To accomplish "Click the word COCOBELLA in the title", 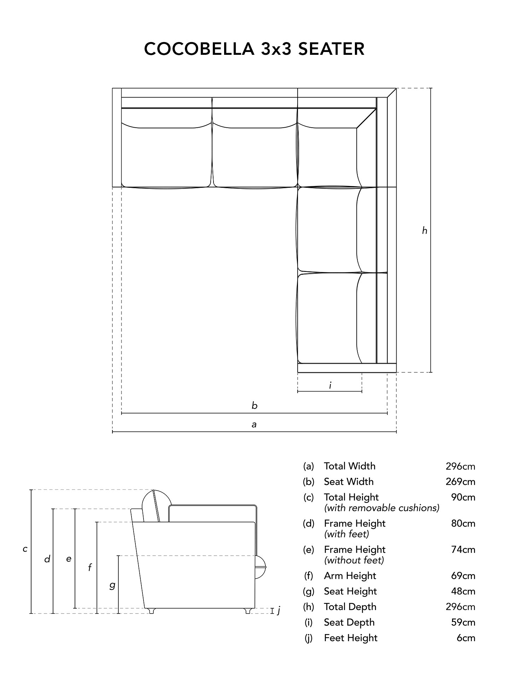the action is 199,49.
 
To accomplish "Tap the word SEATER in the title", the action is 331,49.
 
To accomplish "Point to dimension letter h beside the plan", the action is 425,231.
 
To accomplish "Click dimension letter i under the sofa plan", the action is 330,385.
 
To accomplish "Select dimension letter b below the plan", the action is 255,405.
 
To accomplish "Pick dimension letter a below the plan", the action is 254,424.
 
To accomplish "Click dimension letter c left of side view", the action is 25,549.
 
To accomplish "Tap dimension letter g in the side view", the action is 112,586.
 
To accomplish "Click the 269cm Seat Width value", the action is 460,482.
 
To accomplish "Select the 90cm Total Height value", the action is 463,497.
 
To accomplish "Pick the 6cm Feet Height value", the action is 466,638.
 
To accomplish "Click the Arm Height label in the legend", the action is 350,576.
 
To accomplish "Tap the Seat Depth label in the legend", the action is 349,622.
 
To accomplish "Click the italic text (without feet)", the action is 354,560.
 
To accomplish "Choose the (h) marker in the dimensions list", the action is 309,607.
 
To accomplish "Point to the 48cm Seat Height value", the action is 463,591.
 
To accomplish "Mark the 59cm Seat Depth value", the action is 463,622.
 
